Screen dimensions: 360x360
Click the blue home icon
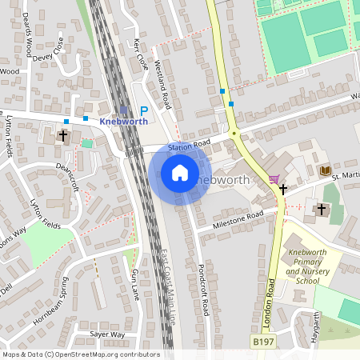click(x=180, y=173)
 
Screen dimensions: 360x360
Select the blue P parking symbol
click(x=144, y=111)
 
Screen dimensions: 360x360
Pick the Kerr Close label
click(x=142, y=54)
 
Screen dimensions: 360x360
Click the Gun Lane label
click(x=134, y=284)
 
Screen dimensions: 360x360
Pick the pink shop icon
click(x=275, y=178)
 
